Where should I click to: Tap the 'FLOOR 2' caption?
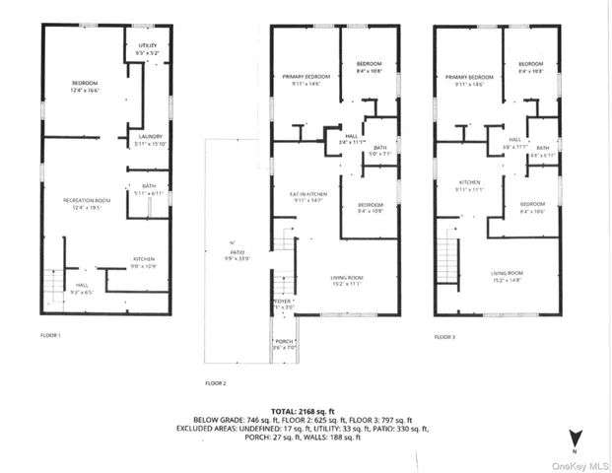tap(216, 381)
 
